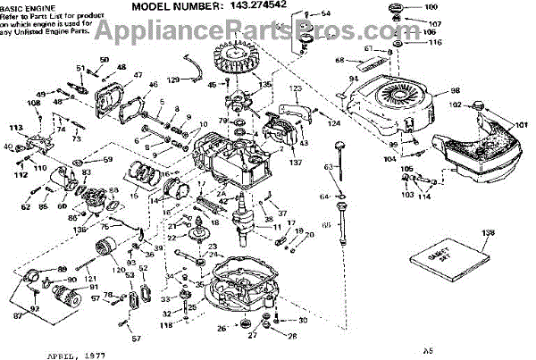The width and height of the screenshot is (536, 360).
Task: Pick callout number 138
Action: click(x=487, y=234)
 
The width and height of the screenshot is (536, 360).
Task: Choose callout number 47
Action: click(x=138, y=75)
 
